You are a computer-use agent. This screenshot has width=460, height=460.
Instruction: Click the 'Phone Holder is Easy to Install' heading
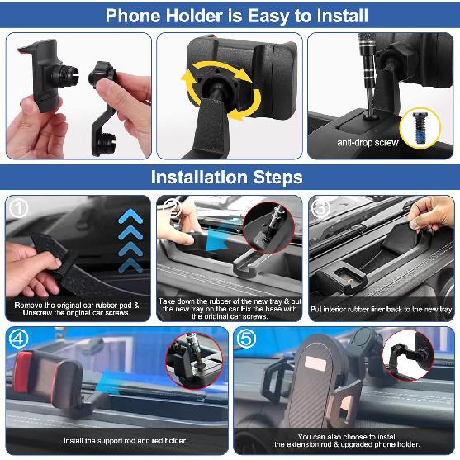[x=230, y=14]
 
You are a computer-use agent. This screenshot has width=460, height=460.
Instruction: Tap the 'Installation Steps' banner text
[x=226, y=177]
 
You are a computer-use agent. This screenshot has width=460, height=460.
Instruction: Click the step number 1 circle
[x=17, y=206]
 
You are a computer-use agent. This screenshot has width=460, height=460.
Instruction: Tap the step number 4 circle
[x=17, y=339]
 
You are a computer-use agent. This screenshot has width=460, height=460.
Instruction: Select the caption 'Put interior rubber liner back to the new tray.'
[x=382, y=308]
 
